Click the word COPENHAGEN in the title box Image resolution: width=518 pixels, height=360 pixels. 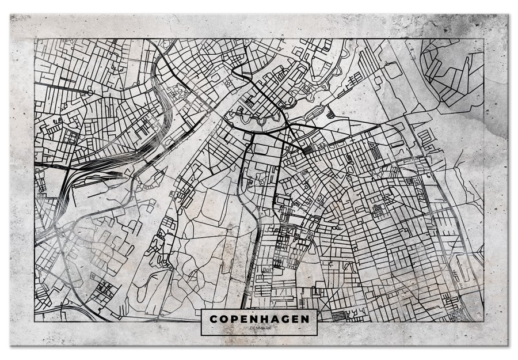click(x=259, y=318)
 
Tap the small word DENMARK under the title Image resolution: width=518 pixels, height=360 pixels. click(x=259, y=328)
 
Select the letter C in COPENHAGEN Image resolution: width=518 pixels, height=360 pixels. click(x=214, y=318)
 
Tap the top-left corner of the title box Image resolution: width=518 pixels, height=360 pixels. click(x=201, y=310)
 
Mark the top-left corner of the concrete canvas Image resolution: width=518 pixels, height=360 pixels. click(x=10, y=14)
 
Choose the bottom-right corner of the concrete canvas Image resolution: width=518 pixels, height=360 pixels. click(x=509, y=346)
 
